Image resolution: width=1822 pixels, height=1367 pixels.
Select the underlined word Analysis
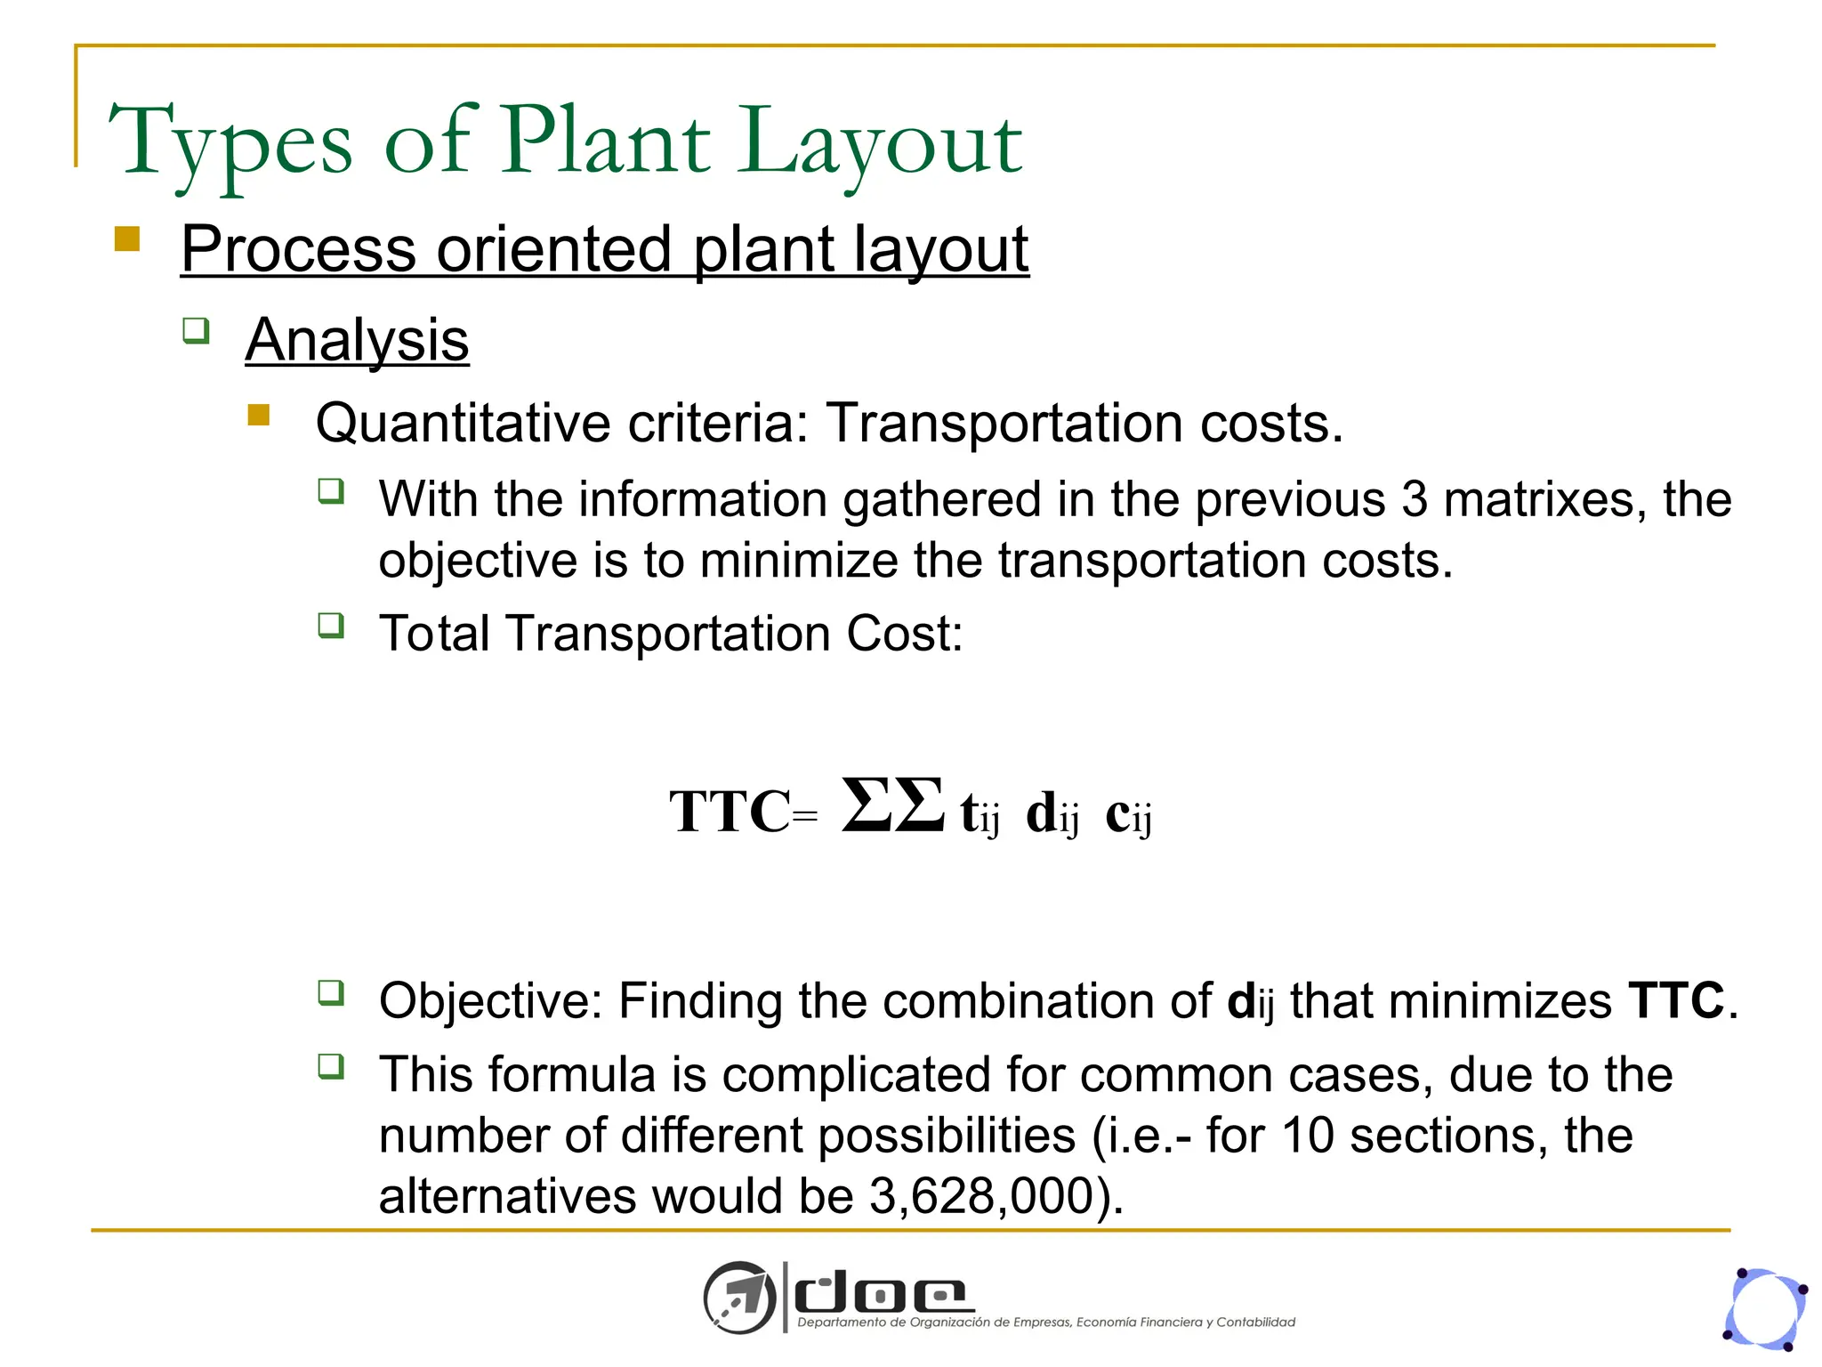(357, 340)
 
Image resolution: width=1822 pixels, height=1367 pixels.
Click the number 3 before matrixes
(1415, 498)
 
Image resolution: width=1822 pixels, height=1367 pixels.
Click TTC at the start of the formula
(730, 812)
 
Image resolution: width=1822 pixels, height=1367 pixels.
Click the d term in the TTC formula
(1052, 813)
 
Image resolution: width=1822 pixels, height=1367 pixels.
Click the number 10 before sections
(1308, 1136)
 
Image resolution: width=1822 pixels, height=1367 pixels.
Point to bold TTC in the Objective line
(1676, 1000)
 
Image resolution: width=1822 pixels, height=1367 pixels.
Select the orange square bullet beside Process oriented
(127, 239)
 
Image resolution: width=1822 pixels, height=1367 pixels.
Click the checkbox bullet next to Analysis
(196, 331)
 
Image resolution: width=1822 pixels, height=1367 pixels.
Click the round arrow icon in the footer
(738, 1298)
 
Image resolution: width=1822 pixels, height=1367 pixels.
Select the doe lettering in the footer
(881, 1295)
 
